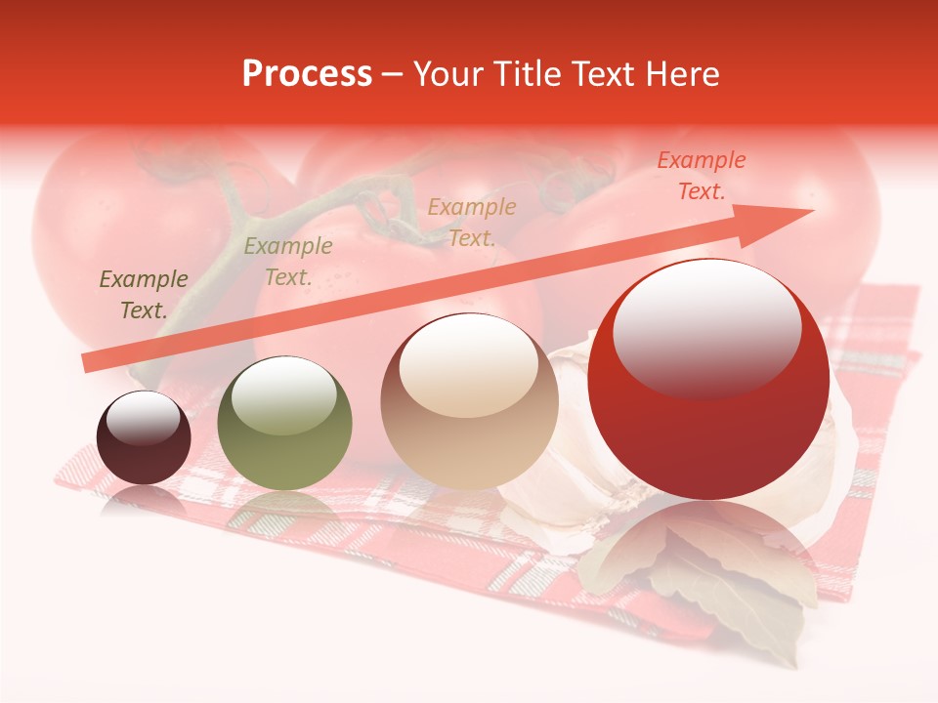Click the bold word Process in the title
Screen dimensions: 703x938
tap(307, 74)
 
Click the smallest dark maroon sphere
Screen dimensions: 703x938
tap(144, 437)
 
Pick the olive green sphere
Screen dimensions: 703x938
tap(284, 424)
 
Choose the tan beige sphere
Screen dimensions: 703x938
tap(469, 402)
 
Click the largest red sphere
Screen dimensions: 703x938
tap(708, 381)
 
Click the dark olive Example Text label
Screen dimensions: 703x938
tap(144, 295)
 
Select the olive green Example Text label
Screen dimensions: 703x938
tap(288, 262)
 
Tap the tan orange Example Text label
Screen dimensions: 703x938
tap(472, 223)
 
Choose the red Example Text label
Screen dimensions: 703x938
tap(702, 176)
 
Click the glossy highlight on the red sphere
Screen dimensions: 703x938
tap(707, 327)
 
